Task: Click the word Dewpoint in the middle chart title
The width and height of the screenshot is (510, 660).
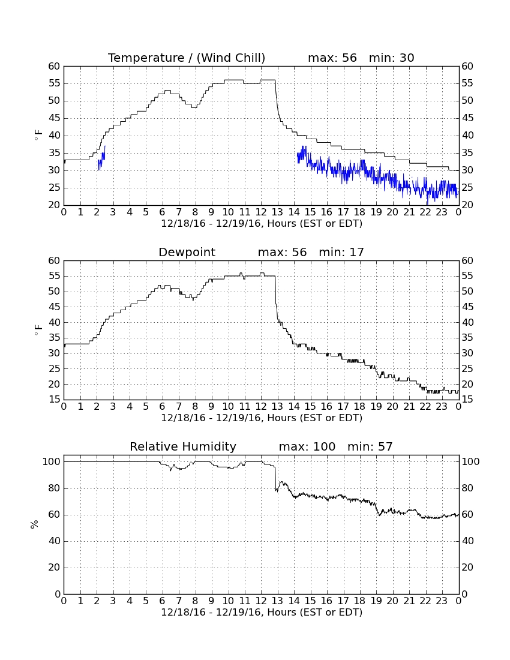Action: (x=187, y=252)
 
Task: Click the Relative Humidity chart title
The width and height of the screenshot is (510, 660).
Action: (x=183, y=446)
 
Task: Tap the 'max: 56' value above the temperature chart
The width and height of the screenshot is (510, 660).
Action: (x=332, y=58)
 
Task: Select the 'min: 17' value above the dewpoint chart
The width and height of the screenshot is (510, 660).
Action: (x=341, y=252)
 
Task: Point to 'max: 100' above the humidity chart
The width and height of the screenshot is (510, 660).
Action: (x=307, y=446)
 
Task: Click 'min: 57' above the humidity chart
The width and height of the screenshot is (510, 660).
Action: (x=370, y=446)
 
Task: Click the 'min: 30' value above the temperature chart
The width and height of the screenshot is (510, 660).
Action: (x=392, y=58)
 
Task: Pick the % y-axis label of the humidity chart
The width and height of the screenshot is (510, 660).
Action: (x=34, y=524)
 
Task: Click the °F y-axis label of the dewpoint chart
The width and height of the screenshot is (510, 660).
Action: (x=38, y=329)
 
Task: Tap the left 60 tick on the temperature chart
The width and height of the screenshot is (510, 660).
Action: (x=54, y=66)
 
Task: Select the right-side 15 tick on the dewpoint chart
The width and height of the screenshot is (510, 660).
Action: (x=467, y=400)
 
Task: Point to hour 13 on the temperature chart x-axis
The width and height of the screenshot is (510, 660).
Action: (x=277, y=212)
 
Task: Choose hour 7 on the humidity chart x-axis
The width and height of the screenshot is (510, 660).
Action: (x=179, y=601)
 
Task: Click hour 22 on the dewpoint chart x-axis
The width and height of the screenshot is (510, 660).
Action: (x=425, y=406)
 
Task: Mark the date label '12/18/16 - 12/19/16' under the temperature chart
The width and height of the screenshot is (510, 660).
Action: (x=212, y=224)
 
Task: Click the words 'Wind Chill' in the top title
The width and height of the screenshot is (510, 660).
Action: (x=230, y=58)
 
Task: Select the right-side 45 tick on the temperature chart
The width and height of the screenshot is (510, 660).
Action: (x=467, y=118)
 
